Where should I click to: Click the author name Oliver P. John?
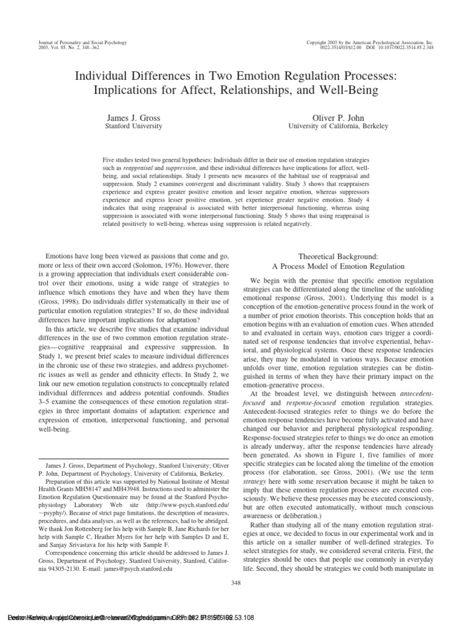(338, 117)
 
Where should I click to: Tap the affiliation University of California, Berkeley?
(338, 126)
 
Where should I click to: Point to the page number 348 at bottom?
(235, 583)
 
